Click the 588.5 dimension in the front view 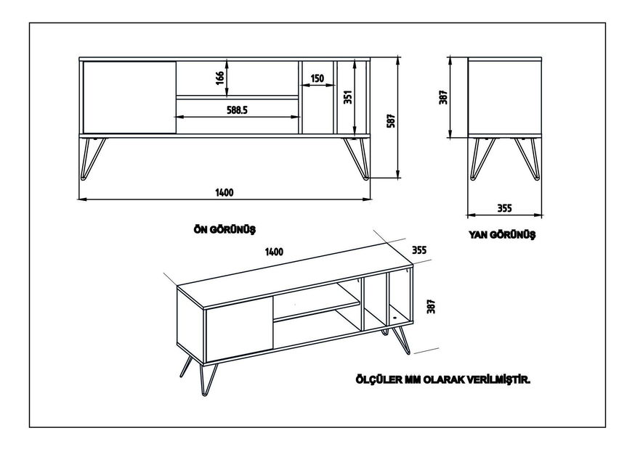[237, 111]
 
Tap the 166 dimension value [219, 78]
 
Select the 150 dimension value [317, 79]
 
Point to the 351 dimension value [348, 96]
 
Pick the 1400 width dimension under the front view [224, 192]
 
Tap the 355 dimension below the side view [505, 208]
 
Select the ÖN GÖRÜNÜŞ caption [225, 228]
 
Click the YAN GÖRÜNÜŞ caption [503, 234]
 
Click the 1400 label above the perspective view [274, 252]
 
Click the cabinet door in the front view [129, 97]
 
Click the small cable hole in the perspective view [392, 316]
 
